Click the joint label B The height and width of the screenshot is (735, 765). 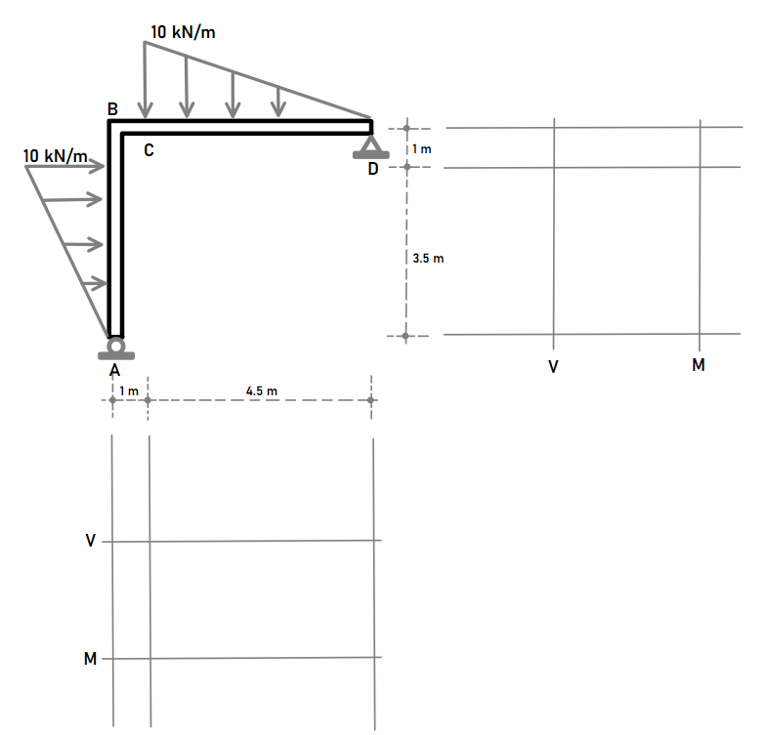(x=112, y=108)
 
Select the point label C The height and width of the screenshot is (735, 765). (x=148, y=151)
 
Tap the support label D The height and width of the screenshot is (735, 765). (x=372, y=170)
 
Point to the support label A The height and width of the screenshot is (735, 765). (x=114, y=370)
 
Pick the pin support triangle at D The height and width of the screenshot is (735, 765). (x=370, y=146)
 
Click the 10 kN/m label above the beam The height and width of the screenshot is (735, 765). (x=183, y=32)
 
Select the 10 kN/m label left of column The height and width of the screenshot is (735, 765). (x=55, y=156)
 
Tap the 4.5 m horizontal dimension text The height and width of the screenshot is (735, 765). (x=262, y=391)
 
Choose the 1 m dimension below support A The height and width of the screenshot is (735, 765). (x=129, y=391)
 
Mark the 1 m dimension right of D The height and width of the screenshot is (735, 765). (x=421, y=148)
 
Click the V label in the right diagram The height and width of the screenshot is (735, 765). (x=553, y=367)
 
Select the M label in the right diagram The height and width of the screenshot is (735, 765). (x=698, y=366)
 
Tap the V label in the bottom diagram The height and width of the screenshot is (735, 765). (x=91, y=540)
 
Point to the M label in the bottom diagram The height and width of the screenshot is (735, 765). (x=91, y=659)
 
